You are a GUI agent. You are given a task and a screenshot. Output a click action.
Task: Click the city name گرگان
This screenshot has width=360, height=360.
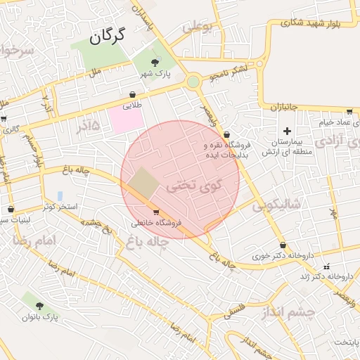[107, 35]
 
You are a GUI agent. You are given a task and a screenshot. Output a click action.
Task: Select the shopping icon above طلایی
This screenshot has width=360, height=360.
[132, 94]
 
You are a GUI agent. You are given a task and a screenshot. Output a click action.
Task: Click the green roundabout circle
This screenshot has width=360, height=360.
[193, 82]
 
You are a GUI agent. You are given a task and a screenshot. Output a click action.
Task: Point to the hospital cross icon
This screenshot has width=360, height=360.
[287, 131]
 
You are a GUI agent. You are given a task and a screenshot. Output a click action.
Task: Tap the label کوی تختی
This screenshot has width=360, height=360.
[187, 188]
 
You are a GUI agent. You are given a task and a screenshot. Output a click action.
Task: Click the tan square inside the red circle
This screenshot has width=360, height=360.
[143, 182]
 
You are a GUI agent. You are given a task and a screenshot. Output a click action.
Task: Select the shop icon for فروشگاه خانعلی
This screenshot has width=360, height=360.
[155, 212]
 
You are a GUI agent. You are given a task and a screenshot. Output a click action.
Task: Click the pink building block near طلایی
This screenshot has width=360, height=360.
[124, 119]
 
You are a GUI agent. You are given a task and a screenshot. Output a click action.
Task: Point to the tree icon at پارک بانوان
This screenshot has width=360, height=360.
[39, 306]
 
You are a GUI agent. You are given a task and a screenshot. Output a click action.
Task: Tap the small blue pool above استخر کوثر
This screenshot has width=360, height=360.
[60, 196]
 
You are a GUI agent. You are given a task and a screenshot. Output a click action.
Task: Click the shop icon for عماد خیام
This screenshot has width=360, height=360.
[349, 111]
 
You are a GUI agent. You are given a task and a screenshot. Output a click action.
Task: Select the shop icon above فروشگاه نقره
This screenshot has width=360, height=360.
[226, 134]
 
